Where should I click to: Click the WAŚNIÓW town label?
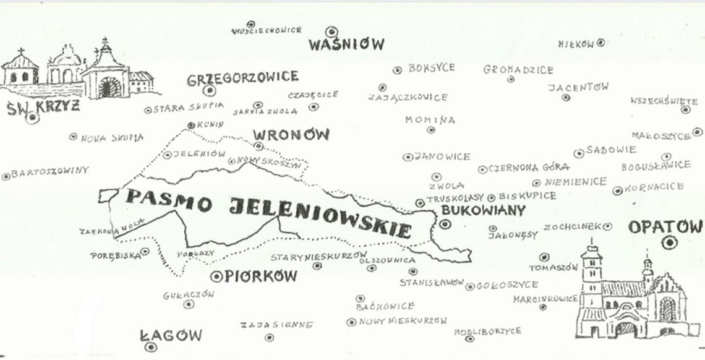tap(346, 45)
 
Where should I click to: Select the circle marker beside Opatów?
tap(668, 244)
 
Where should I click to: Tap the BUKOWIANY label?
tap(482, 210)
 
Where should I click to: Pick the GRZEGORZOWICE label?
tap(242, 77)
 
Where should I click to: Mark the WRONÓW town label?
tap(291, 134)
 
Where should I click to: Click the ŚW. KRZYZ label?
tap(43, 106)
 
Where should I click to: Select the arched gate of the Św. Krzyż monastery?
tap(108, 87)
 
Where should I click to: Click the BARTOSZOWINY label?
tap(50, 171)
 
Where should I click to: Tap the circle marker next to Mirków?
tap(600, 43)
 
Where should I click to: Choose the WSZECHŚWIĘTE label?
tap(664, 101)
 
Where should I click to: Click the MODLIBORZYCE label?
tap(487, 332)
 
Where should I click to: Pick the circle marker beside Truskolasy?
tap(420, 202)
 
